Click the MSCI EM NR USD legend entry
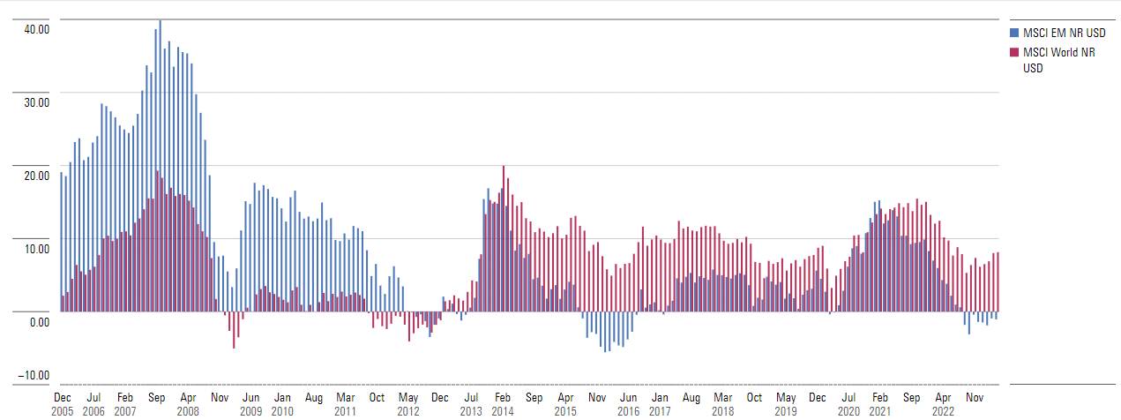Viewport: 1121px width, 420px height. (1064, 33)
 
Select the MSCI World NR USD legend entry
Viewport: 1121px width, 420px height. (1062, 61)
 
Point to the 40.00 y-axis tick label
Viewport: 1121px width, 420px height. (36, 29)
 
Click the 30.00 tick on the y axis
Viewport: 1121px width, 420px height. (36, 102)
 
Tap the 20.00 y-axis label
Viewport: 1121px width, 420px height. (36, 176)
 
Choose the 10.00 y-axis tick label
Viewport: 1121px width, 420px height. (36, 249)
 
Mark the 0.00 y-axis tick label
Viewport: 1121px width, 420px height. (39, 322)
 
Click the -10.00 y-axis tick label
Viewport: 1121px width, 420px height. (34, 376)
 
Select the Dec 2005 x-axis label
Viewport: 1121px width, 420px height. (63, 405)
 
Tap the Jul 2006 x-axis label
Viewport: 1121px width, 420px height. (93, 405)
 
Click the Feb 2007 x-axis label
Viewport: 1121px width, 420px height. (125, 405)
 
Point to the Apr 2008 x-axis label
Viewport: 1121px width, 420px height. (188, 405)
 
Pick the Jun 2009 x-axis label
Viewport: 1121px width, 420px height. (251, 405)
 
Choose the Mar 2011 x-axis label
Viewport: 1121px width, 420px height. (345, 405)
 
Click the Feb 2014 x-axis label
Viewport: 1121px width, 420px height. (503, 405)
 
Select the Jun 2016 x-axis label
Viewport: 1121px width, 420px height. (628, 405)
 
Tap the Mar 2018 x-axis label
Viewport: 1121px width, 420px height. (722, 405)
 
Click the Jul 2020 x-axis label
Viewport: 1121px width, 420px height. (848, 405)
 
